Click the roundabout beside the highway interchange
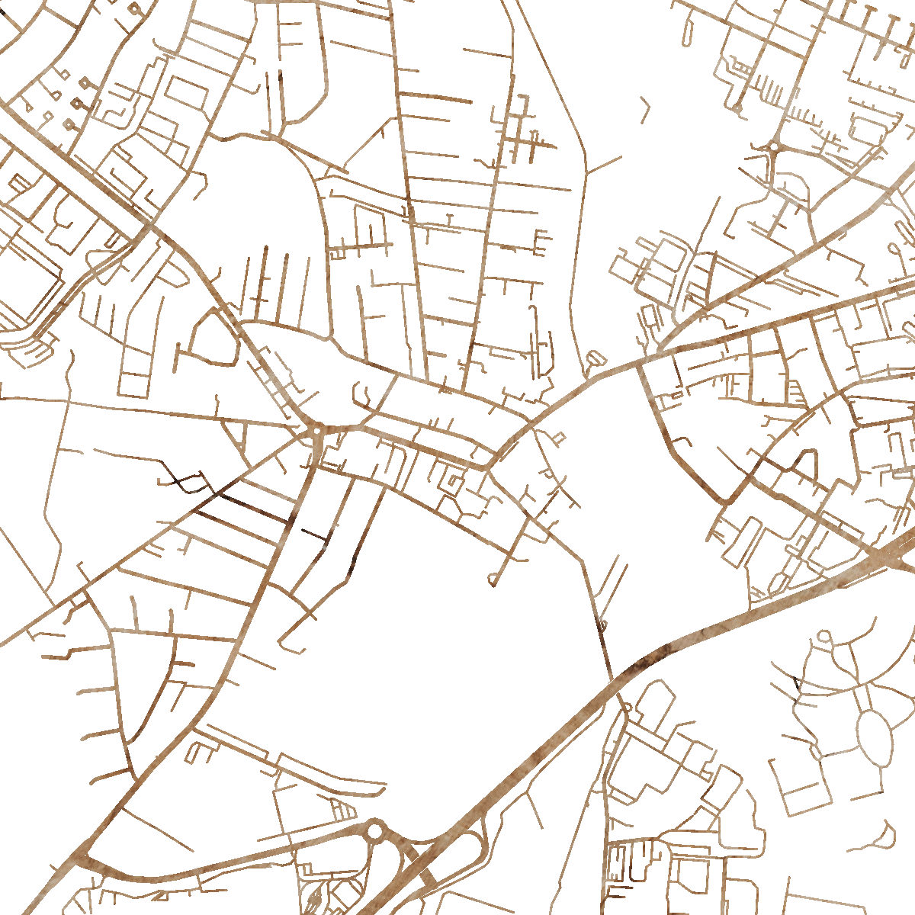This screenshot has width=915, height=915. coord(375,830)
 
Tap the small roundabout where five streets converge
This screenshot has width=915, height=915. coord(316,432)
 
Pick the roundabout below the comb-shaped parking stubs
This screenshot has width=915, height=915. coord(775,145)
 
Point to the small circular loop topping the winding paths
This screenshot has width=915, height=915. coord(824,636)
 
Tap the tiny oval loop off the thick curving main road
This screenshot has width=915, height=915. coord(596,356)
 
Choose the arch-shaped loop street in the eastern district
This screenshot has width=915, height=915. coord(805,461)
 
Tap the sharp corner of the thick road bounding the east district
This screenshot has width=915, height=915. coord(728,501)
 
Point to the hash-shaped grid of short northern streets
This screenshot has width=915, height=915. coord(526,137)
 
